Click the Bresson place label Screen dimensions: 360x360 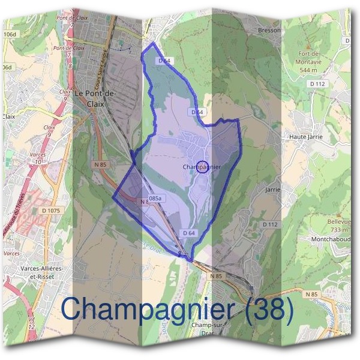tap(269, 30)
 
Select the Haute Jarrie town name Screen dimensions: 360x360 tap(306, 137)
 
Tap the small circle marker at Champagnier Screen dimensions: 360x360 tap(203, 167)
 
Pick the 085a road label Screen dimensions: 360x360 tap(155, 198)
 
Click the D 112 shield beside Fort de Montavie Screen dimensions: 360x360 tap(319, 84)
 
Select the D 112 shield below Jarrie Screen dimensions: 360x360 tap(271, 224)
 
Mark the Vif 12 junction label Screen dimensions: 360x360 tap(31, 325)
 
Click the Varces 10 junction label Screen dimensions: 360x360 tap(38, 158)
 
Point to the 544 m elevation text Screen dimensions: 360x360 tap(307, 69)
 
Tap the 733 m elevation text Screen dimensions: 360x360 tap(339, 230)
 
